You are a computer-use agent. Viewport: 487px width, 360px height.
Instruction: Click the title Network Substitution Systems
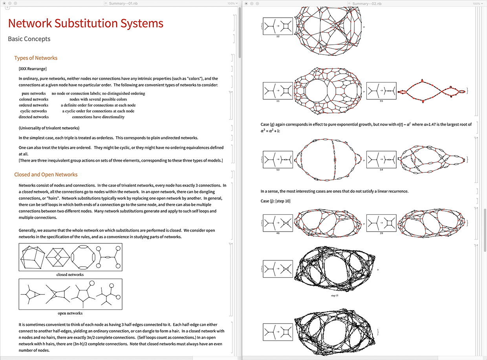(86, 23)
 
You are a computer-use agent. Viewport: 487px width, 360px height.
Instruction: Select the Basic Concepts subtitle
(29, 39)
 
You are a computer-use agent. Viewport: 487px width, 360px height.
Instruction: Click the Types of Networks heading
(36, 58)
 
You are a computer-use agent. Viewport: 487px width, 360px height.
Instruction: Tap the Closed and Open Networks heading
(46, 175)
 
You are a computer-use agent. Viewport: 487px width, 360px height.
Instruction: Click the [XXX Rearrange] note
(33, 69)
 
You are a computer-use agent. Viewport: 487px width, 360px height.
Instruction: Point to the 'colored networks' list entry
(34, 99)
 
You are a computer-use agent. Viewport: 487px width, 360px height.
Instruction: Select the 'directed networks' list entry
(34, 117)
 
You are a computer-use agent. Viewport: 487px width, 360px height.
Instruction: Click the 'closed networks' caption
(70, 274)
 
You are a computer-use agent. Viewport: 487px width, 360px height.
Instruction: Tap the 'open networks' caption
(70, 313)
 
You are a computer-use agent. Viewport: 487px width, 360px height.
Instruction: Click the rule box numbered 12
(278, 26)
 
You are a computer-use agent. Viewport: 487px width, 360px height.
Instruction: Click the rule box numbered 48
(278, 223)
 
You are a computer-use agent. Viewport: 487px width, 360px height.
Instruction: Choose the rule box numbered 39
(381, 223)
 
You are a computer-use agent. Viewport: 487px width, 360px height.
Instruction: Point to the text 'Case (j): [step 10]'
(275, 201)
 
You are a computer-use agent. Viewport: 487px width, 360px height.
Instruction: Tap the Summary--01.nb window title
(123, 4)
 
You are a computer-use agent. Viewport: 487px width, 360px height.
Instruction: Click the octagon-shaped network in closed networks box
(84, 257)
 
